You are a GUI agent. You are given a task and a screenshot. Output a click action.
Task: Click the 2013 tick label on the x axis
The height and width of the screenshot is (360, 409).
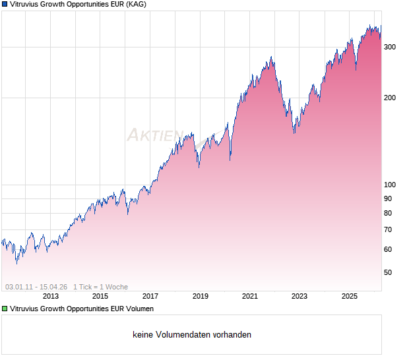pyautogui.click(x=50, y=297)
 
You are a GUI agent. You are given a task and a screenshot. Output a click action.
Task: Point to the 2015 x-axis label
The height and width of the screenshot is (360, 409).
pyautogui.click(x=100, y=297)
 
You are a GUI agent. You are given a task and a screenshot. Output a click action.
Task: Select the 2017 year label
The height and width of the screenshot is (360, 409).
pyautogui.click(x=150, y=297)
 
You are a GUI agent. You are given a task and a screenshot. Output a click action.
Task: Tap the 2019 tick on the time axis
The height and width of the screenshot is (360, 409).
pyautogui.click(x=200, y=297)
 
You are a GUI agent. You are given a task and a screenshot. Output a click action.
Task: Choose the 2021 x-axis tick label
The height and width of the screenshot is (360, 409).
pyautogui.click(x=250, y=297)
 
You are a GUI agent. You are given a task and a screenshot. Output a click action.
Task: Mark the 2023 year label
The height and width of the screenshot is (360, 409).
pyautogui.click(x=299, y=297)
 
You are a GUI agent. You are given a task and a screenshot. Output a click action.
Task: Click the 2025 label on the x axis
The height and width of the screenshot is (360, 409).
pyautogui.click(x=350, y=297)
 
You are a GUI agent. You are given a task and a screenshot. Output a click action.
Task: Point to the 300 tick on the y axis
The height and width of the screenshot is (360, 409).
pyautogui.click(x=390, y=47)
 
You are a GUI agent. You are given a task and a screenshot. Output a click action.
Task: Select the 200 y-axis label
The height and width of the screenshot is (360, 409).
pyautogui.click(x=390, y=98)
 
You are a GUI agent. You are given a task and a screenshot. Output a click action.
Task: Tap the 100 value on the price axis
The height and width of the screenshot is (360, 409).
pyautogui.click(x=390, y=185)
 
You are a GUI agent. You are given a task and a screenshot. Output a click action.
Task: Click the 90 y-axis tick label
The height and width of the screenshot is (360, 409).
pyautogui.click(x=388, y=198)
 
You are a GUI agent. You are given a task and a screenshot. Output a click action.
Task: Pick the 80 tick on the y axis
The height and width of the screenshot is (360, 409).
pyautogui.click(x=388, y=213)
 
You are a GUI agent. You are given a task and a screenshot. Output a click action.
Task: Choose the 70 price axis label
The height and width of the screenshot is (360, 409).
pyautogui.click(x=388, y=229)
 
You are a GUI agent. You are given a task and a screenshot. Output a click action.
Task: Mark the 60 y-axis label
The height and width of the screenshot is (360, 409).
pyautogui.click(x=388, y=249)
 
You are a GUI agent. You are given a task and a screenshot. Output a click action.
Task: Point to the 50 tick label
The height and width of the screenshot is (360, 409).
pyautogui.click(x=388, y=272)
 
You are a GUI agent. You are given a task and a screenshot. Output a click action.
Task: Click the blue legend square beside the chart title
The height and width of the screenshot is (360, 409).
pyautogui.click(x=5, y=4)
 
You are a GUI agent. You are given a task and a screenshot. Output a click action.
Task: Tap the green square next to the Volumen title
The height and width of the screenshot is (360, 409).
pyautogui.click(x=5, y=309)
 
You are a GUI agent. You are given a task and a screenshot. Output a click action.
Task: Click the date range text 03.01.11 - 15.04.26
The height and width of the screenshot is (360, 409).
pyautogui.click(x=36, y=287)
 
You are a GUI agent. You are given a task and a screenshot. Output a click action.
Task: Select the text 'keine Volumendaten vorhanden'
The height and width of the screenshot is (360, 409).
pyautogui.click(x=192, y=335)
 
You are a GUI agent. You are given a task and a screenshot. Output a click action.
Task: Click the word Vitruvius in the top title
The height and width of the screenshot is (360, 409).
pyautogui.click(x=26, y=4)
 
